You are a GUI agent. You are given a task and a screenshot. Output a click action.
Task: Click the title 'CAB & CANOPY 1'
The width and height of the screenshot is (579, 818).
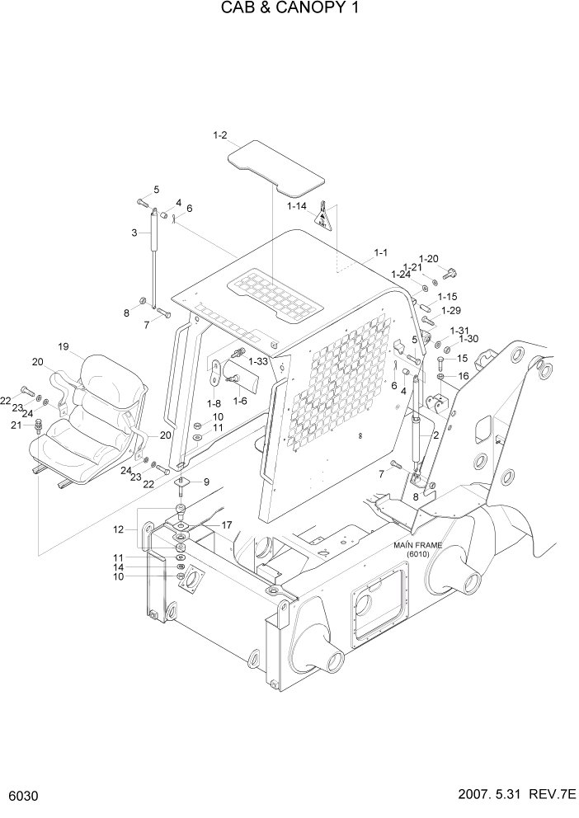pyautogui.click(x=289, y=9)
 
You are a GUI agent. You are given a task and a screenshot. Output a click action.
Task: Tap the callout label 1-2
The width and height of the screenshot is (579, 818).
pyautogui.click(x=219, y=134)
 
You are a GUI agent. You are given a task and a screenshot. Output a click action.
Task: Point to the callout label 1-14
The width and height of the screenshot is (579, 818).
pyautogui.click(x=296, y=205)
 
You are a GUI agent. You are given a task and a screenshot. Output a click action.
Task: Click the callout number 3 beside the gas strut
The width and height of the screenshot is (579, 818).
pyautogui.click(x=134, y=233)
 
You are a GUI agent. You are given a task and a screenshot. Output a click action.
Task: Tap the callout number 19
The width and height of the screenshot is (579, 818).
pyautogui.click(x=62, y=346)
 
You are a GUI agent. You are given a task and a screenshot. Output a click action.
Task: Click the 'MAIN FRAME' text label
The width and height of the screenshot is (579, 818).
pyautogui.click(x=418, y=546)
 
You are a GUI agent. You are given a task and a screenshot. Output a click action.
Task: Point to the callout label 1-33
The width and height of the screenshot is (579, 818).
pyautogui.click(x=258, y=361)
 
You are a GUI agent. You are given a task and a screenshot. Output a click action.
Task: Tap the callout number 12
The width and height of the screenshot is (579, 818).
pyautogui.click(x=119, y=529)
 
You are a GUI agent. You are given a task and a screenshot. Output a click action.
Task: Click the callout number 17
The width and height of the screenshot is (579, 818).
pyautogui.click(x=226, y=524)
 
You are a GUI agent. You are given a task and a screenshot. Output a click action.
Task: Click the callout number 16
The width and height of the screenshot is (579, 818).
pyautogui.click(x=463, y=375)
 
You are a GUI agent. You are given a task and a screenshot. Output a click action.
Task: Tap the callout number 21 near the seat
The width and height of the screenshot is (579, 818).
pyautogui.click(x=16, y=425)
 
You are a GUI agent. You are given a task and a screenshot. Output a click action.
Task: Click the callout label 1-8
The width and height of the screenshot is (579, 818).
pyautogui.click(x=214, y=403)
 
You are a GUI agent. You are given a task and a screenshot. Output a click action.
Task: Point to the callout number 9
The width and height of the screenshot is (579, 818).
pyautogui.click(x=205, y=482)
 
